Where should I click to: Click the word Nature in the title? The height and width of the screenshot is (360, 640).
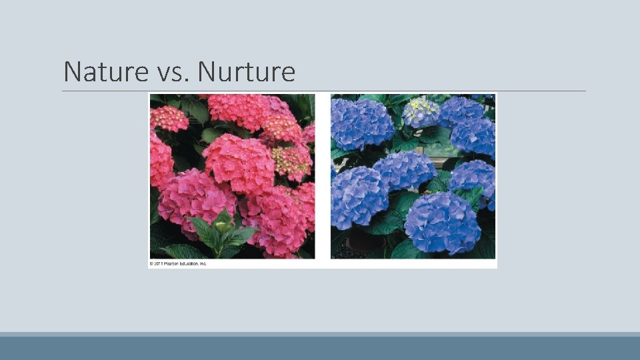(105, 71)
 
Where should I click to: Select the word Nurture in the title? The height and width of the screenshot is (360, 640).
(246, 71)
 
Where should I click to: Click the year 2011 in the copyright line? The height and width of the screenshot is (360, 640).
(158, 263)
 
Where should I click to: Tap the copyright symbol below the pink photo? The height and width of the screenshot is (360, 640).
(151, 263)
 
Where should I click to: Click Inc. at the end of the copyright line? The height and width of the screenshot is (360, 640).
(203, 263)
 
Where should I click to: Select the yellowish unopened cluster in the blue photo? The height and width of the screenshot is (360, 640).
(420, 111)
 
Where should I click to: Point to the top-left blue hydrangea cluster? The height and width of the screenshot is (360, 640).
(362, 123)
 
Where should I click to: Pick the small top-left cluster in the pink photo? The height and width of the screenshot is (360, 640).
(169, 118)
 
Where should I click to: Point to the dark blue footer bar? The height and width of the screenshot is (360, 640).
(320, 348)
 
